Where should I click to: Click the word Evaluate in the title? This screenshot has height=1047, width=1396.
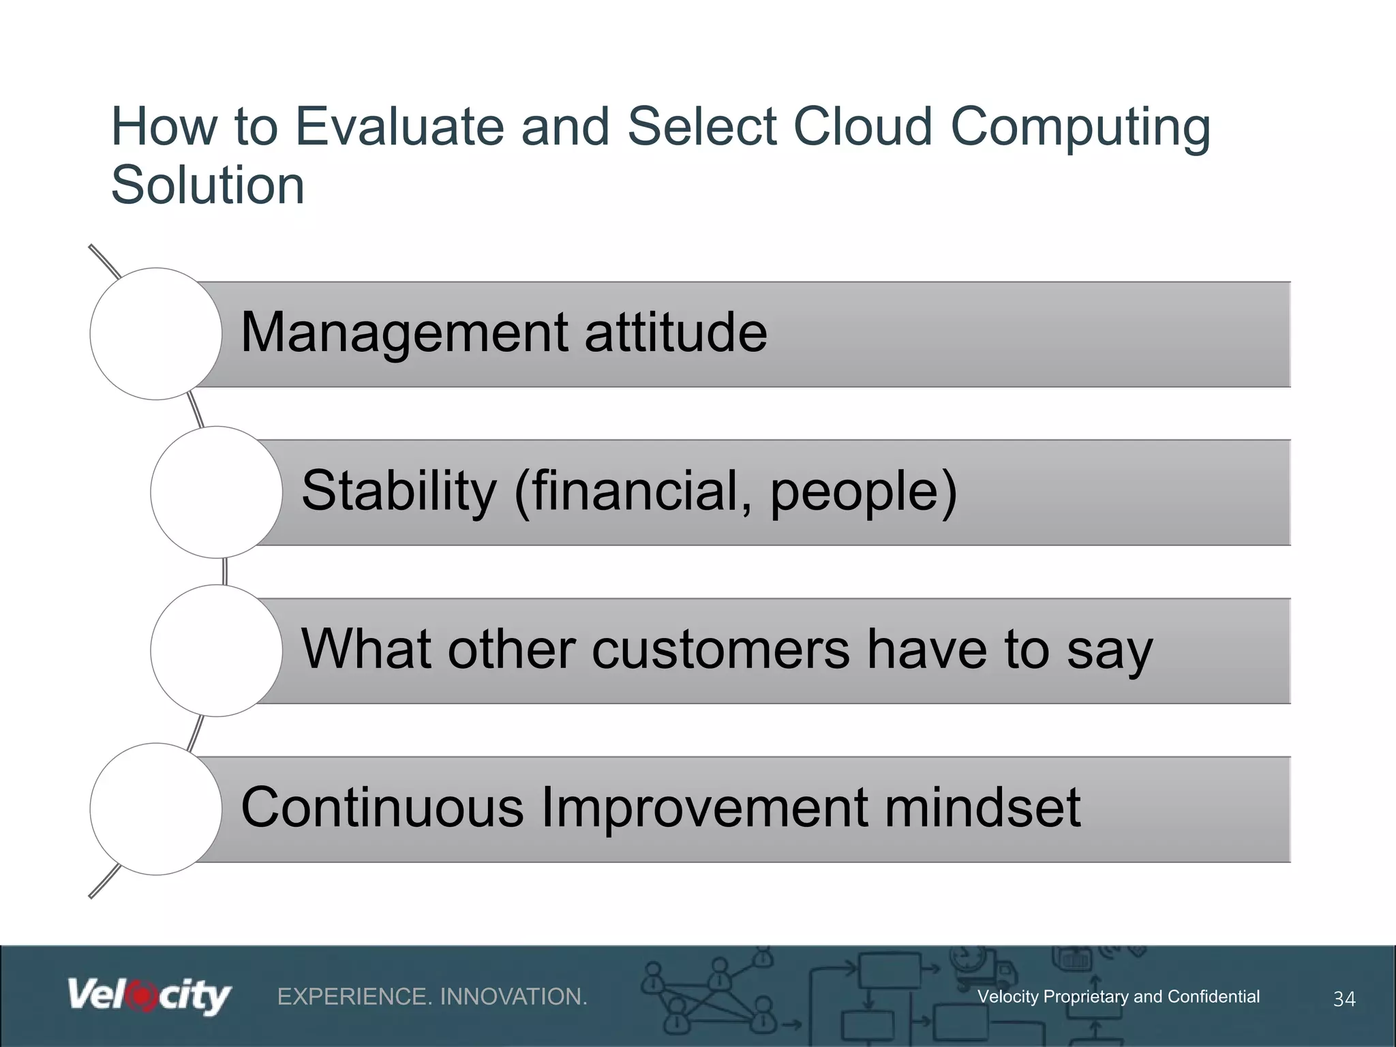399,127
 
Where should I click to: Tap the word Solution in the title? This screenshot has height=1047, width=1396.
207,185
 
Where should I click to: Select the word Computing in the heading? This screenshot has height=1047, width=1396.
1080,128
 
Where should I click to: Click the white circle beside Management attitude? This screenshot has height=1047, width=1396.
156,333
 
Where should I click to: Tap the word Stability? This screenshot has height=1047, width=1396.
399,491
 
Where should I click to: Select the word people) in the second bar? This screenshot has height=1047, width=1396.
864,492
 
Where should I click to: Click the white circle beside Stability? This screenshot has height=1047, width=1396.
216,492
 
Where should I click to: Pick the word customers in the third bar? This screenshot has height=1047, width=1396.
720,649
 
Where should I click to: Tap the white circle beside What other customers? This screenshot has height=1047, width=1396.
216,650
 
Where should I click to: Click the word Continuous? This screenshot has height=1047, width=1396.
382,808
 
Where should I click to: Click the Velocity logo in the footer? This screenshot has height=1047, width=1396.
149,997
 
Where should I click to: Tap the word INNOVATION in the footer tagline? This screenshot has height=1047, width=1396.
513,997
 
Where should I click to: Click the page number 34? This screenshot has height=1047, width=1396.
1344,999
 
